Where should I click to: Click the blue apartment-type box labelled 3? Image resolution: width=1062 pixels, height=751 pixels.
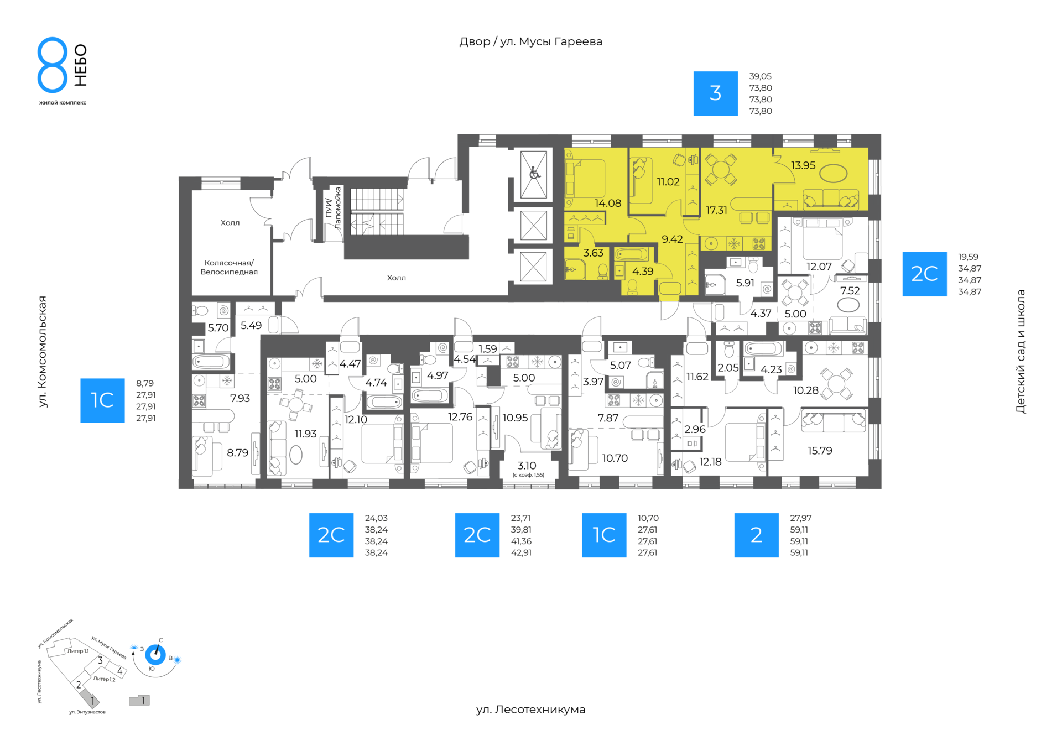(x=715, y=93)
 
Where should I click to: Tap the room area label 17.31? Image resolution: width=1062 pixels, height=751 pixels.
(x=716, y=210)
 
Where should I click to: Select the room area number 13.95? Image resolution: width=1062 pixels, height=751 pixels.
(x=803, y=165)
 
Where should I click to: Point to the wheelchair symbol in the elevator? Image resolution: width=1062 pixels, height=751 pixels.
(x=534, y=173)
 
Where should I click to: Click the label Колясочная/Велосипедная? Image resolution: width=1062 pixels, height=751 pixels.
(x=229, y=267)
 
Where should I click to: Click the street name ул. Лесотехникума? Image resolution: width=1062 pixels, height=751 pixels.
(x=530, y=710)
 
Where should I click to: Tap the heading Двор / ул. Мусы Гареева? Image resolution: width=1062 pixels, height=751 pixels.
(x=530, y=41)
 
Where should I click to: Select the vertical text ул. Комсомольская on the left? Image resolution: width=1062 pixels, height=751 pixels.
(x=43, y=351)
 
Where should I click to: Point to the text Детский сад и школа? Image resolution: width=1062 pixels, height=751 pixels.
(x=1021, y=351)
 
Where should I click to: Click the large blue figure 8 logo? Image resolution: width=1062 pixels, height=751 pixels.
(x=53, y=65)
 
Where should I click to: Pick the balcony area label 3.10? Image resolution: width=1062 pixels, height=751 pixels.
(x=527, y=466)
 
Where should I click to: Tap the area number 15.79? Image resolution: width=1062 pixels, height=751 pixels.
(x=820, y=451)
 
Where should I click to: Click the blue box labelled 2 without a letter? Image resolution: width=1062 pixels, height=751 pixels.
(x=756, y=535)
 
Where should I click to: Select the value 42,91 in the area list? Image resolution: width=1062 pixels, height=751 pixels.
(x=521, y=552)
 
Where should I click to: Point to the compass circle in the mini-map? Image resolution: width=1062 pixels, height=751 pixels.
(x=155, y=655)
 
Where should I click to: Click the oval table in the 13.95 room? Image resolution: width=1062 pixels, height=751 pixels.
(x=833, y=174)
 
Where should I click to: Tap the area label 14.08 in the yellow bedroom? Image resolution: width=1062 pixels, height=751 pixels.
(x=608, y=203)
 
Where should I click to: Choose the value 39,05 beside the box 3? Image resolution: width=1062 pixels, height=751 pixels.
(x=760, y=76)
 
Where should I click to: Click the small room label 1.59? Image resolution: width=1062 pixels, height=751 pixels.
(x=488, y=349)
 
